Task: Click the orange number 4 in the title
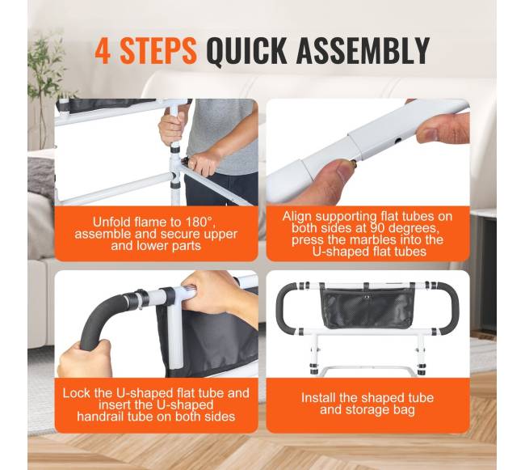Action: pos(103,51)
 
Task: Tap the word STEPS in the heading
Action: pos(158,51)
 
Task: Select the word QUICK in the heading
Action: pos(246,51)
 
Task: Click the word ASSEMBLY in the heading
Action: pos(363,51)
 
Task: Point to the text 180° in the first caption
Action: pos(199,222)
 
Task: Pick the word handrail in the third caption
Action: pos(100,417)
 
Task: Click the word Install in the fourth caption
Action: pos(318,398)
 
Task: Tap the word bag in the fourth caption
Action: pos(405,409)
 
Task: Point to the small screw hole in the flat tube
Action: pos(397,141)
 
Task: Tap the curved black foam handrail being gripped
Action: pos(100,317)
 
